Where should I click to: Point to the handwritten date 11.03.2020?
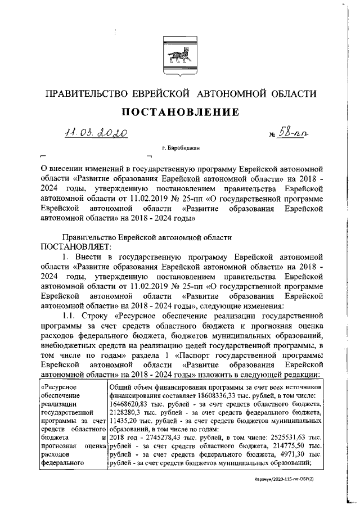96,133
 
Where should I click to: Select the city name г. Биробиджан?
180,148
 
